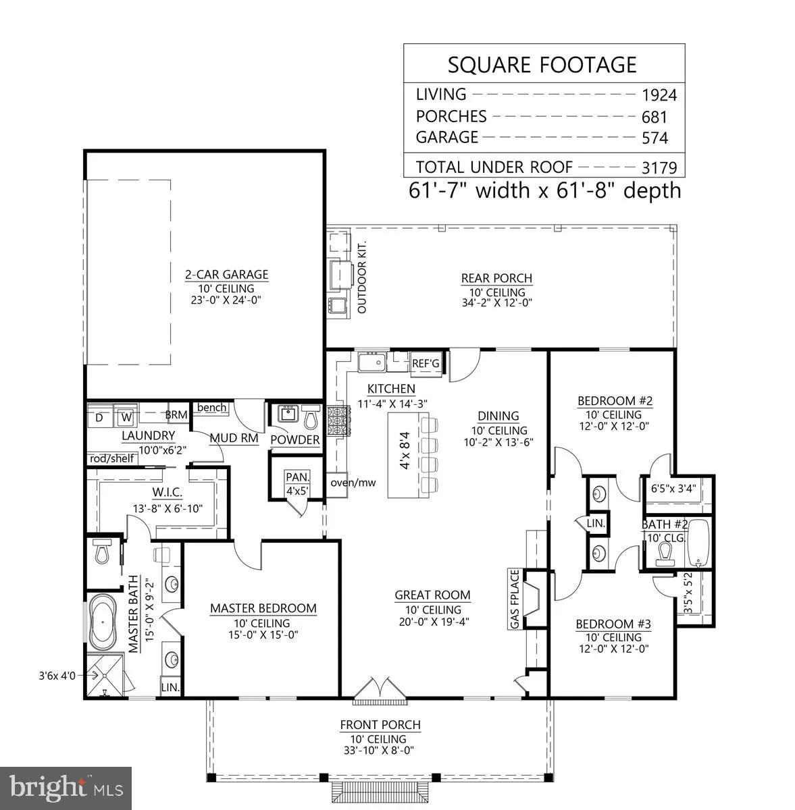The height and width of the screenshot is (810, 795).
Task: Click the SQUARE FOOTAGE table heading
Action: [542, 65]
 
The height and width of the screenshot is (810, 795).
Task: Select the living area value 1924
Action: [659, 95]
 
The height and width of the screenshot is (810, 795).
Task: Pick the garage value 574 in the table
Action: [655, 138]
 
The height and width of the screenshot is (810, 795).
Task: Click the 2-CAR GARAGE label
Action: [227, 275]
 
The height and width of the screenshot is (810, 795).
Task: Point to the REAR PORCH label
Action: [496, 278]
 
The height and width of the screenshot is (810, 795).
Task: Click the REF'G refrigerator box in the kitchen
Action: [426, 364]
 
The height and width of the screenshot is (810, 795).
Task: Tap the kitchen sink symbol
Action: [371, 363]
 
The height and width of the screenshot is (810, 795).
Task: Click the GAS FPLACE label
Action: [515, 600]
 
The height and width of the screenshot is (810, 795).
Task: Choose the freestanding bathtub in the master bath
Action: [103, 624]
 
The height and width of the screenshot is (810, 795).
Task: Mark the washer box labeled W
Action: [125, 418]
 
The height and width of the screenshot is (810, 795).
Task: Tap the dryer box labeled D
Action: [99, 418]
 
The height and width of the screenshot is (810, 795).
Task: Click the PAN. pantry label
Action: [297, 477]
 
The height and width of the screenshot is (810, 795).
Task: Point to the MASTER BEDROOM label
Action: [263, 608]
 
